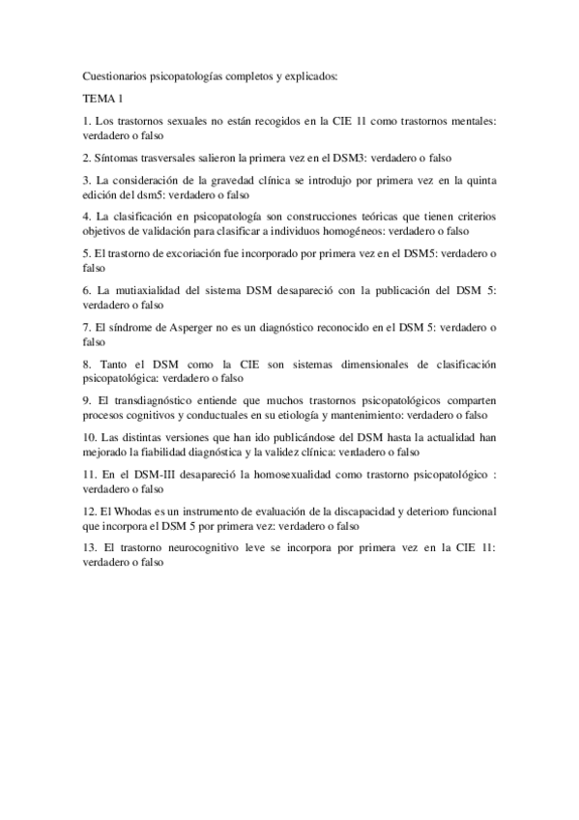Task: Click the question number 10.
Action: pyautogui.click(x=90, y=437)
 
